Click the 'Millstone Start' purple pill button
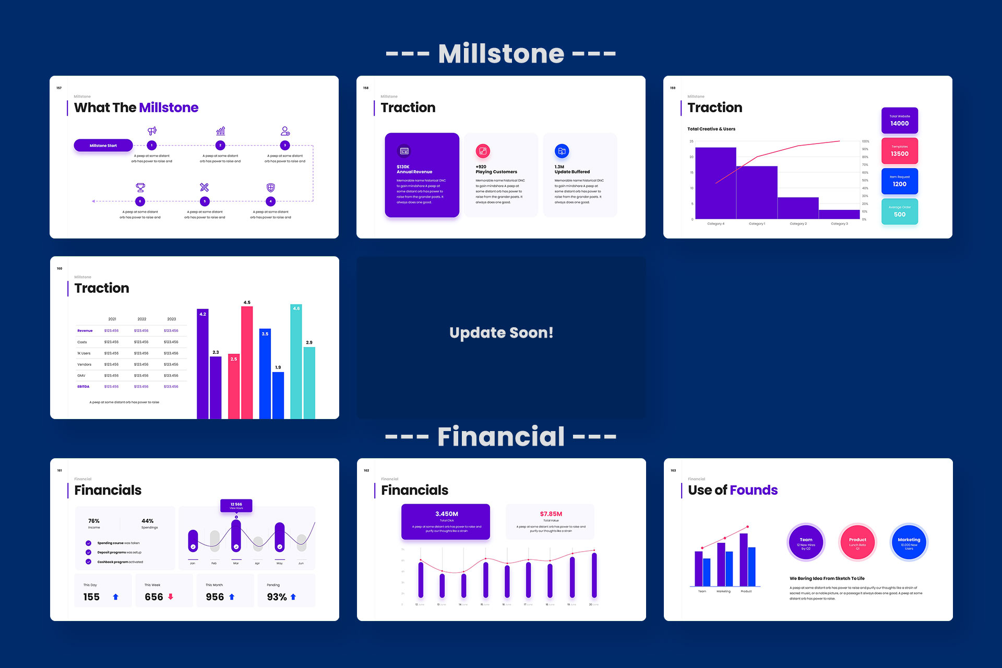pos(103,146)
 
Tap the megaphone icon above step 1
pos(152,130)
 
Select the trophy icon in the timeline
pos(140,187)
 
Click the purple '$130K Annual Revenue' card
pos(422,175)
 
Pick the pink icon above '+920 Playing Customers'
pos(483,151)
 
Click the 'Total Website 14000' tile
pos(899,121)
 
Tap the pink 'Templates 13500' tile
pos(899,151)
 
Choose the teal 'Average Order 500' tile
pos(899,211)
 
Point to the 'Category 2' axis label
pos(798,224)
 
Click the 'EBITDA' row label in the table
pos(83,387)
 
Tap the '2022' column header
pos(142,319)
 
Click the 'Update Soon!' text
pos(501,333)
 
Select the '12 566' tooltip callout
pos(236,505)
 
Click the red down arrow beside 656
pos(171,597)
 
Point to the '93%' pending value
pos(277,597)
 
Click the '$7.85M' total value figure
pos(551,514)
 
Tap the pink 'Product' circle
pos(857,542)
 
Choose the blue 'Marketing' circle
pos(909,542)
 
